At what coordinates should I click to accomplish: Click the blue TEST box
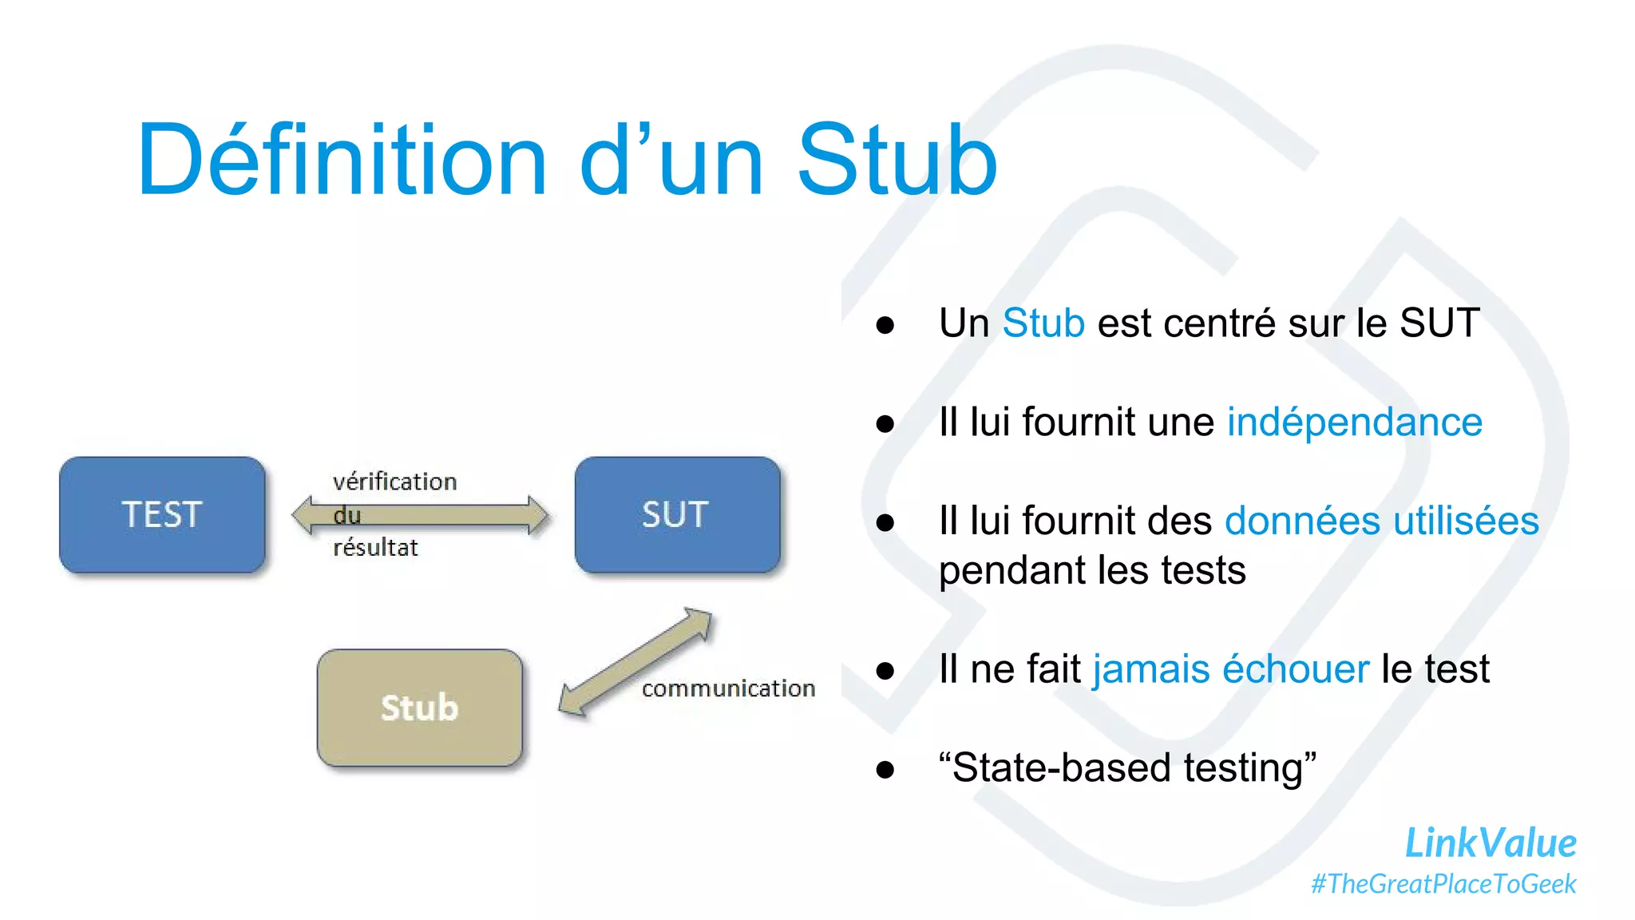pos(162,514)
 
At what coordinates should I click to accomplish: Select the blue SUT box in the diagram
pos(677,514)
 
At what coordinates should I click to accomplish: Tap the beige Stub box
pos(419,708)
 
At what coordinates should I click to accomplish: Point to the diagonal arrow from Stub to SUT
pos(635,661)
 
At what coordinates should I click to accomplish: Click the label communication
pos(728,688)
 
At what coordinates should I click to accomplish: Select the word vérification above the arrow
pos(394,482)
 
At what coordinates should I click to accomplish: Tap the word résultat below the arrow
pos(375,548)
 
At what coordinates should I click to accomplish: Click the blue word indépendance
pos(1354,422)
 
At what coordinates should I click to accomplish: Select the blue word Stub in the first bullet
pos(1043,323)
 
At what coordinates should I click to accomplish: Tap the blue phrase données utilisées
pos(1381,521)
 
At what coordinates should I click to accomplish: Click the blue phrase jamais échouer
pos(1230,668)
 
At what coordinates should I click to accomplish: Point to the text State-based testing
pos(1127,767)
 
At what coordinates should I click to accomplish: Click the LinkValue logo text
pos(1490,843)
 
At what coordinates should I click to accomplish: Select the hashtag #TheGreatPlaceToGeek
pos(1443,884)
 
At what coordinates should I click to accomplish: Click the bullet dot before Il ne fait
pos(885,670)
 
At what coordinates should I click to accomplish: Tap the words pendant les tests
pos(1092,570)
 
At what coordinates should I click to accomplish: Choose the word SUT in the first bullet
pos(1439,323)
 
